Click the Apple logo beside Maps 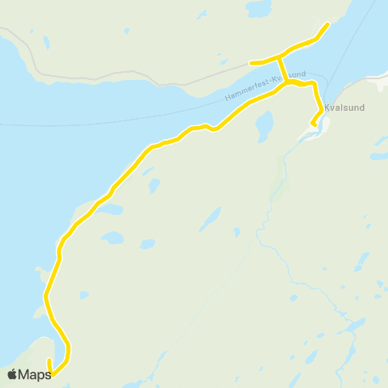[x=11, y=374]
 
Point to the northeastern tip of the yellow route [x=327, y=24]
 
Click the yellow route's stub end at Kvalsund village [x=312, y=124]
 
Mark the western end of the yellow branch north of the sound [x=251, y=62]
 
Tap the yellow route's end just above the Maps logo [x=49, y=361]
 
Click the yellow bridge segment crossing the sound [x=282, y=70]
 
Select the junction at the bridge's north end [x=279, y=57]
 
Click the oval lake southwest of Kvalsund [x=264, y=127]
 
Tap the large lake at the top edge [x=259, y=9]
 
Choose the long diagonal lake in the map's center [x=209, y=219]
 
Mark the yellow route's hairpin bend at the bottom [x=68, y=352]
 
